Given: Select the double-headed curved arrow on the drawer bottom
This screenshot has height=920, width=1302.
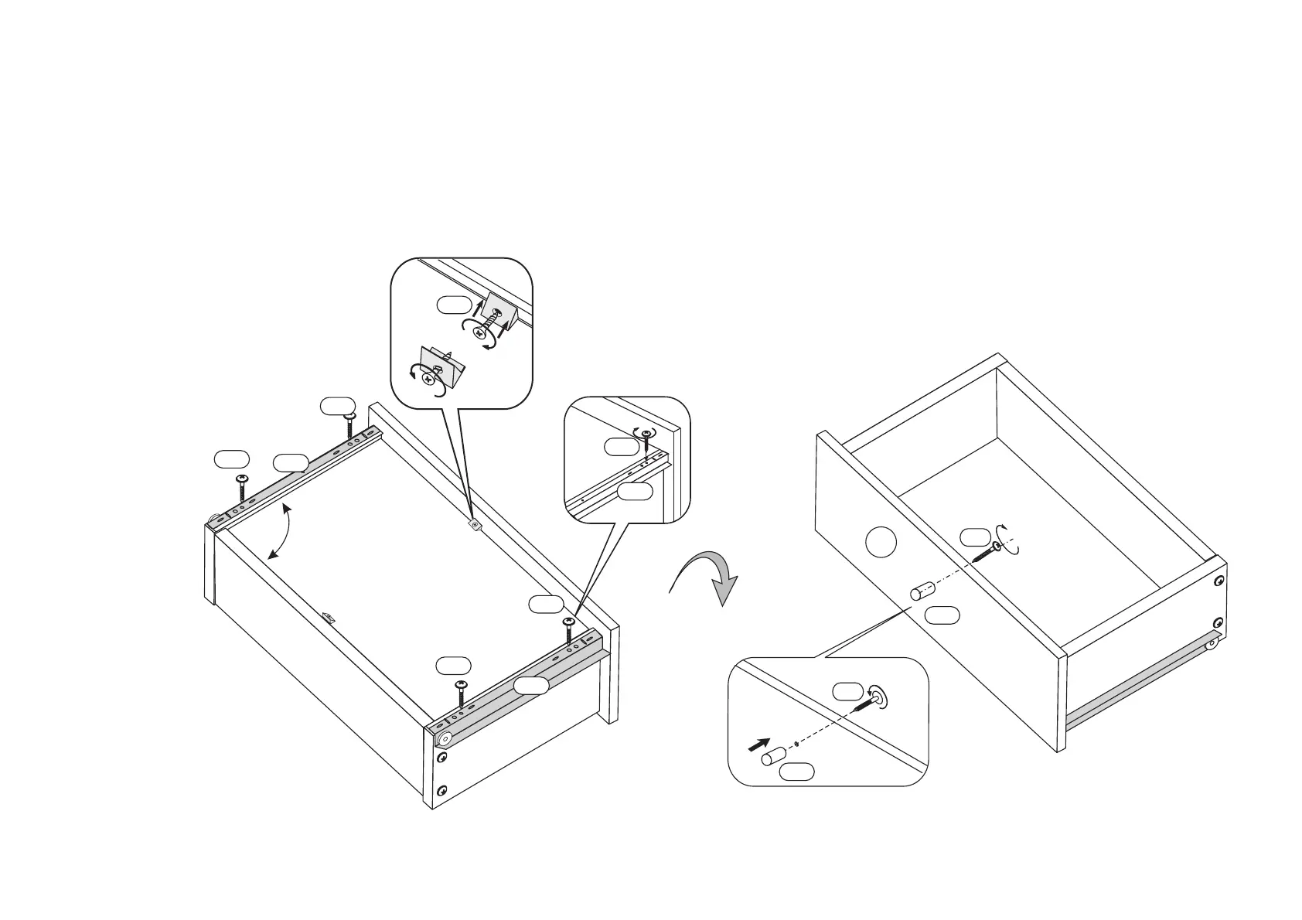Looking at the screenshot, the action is [x=283, y=530].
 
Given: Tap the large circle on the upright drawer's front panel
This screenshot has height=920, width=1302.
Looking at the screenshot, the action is [x=881, y=541].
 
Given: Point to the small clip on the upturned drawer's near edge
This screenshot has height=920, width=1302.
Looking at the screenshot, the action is [x=330, y=617].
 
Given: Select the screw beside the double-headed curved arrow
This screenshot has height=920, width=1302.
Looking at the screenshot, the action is [x=243, y=489].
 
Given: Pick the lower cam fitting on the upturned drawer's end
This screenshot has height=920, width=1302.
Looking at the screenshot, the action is [x=442, y=790].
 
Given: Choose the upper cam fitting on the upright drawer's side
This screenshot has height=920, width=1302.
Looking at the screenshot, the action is [x=1218, y=581].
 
